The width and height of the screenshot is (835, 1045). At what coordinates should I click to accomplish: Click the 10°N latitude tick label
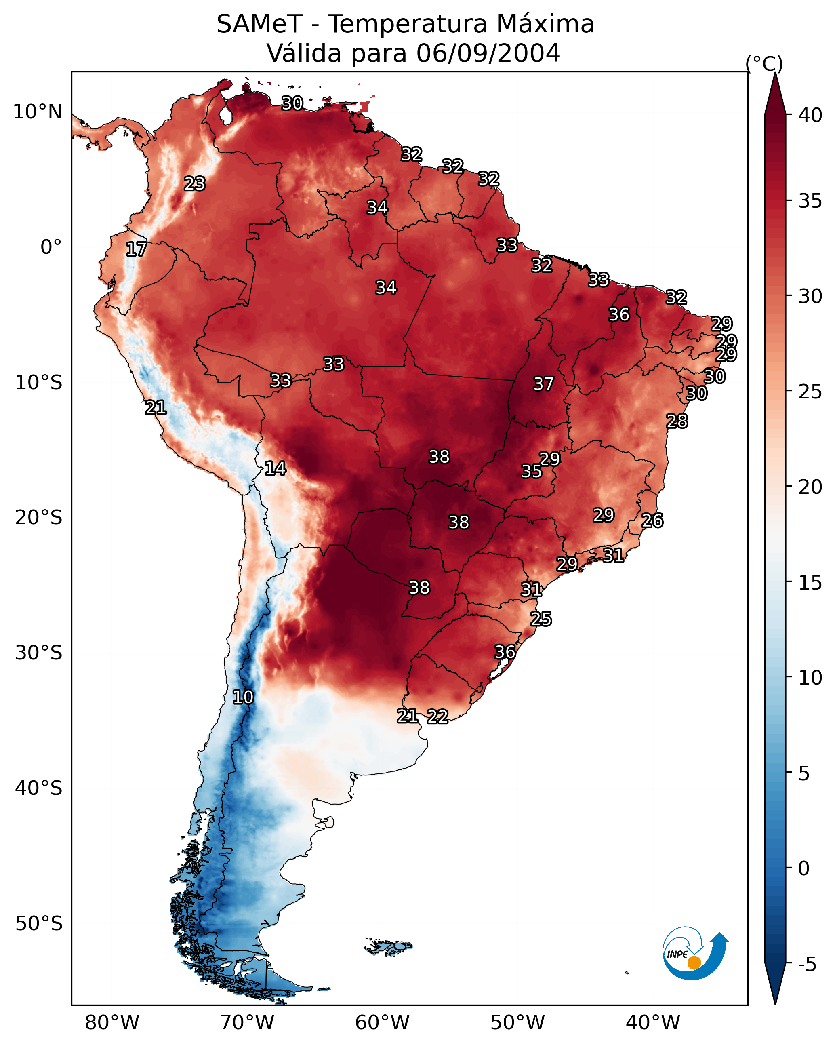37,112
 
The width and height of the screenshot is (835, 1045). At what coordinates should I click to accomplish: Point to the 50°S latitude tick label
39,924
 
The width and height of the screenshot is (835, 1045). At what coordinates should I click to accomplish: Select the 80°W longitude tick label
112,1023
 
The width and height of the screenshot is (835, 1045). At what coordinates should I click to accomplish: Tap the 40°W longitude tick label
653,1023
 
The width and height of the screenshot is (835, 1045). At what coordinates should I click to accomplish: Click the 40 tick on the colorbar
810,115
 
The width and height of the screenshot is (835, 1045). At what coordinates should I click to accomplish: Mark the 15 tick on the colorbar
810,583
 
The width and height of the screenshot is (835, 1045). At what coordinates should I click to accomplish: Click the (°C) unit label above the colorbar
764,63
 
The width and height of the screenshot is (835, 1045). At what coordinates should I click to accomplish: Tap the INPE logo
696,953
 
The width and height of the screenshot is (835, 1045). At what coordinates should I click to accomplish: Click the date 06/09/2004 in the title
488,53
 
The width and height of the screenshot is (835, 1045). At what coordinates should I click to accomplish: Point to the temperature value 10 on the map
243,697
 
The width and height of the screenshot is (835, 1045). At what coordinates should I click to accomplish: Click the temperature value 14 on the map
275,468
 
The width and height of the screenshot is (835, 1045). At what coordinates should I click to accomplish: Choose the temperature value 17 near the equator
136,249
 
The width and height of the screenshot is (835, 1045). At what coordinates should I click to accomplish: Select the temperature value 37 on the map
543,384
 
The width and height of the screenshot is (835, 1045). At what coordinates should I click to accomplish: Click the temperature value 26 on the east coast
652,520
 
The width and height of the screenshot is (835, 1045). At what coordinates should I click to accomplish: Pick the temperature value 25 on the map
541,619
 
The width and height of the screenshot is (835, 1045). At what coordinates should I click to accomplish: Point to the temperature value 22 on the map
437,716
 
